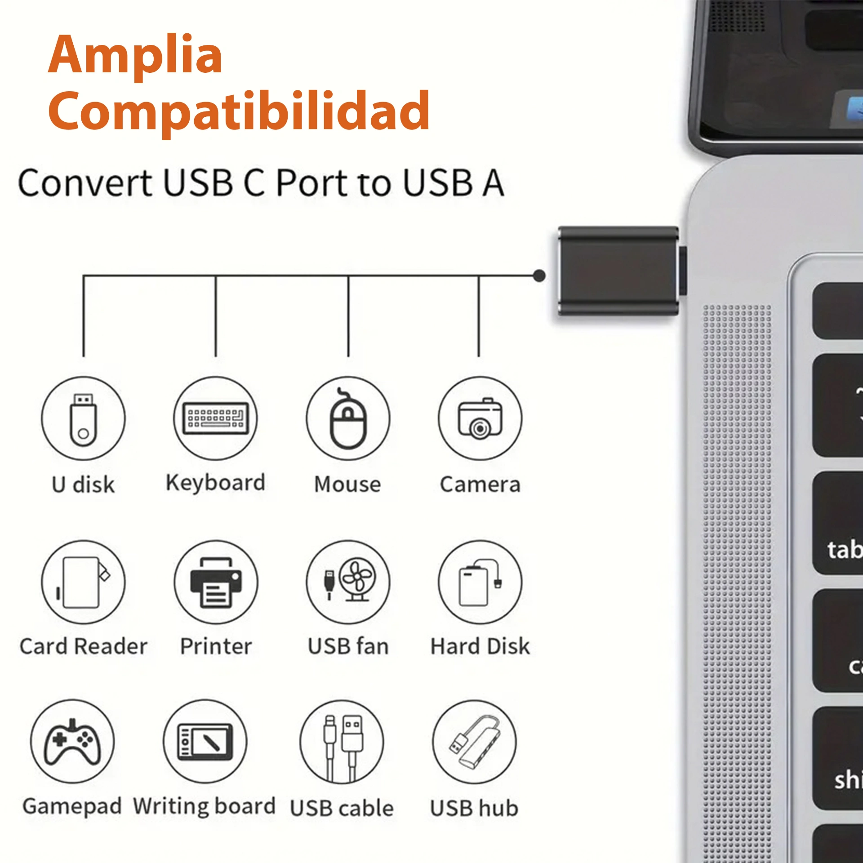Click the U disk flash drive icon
(x=83, y=420)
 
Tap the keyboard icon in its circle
(x=216, y=418)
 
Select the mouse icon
(x=348, y=418)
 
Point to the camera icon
(x=480, y=418)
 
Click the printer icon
(x=216, y=583)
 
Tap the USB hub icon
(x=475, y=742)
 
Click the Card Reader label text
(x=84, y=646)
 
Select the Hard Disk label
(x=480, y=646)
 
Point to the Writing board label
(x=204, y=806)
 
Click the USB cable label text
(x=342, y=808)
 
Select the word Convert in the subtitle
(x=85, y=183)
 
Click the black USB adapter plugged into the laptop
(x=618, y=271)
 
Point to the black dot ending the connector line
(x=539, y=276)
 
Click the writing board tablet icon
(x=205, y=741)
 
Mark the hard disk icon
(x=480, y=583)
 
